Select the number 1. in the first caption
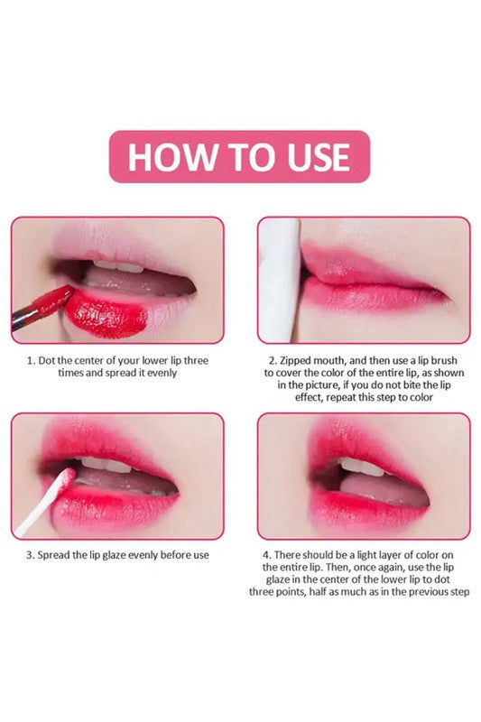click(x=31, y=358)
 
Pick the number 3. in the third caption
click(x=30, y=554)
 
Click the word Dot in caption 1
click(x=48, y=358)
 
